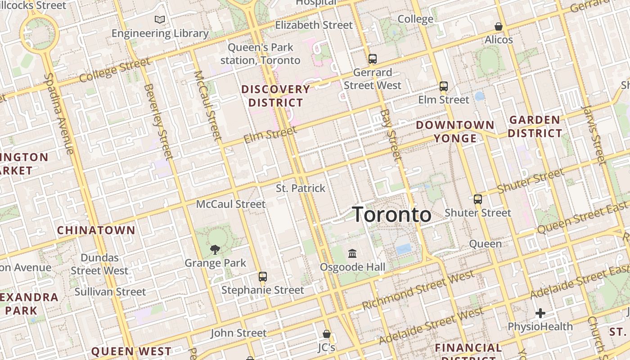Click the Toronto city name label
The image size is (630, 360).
391,215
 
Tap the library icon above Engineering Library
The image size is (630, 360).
160,19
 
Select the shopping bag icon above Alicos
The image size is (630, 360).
498,27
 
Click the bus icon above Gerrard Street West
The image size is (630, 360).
372,58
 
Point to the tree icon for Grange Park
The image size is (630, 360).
215,249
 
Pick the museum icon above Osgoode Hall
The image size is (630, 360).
352,253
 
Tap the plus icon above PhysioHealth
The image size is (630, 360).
540,313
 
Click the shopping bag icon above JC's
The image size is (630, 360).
327,334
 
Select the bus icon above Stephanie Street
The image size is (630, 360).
263,276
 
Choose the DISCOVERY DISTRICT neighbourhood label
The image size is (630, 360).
276,96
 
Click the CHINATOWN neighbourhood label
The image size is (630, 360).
96,230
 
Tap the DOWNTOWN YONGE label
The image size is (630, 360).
455,131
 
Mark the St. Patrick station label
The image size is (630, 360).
300,188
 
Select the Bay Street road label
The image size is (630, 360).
391,135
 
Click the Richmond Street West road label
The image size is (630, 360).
418,290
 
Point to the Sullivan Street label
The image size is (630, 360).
110,292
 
